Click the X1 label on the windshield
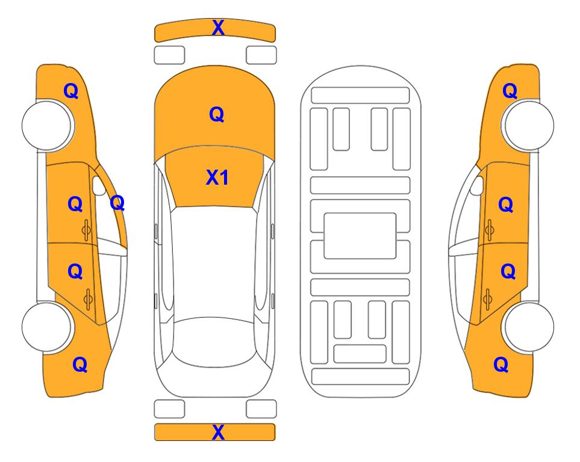217,177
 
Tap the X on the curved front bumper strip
218,27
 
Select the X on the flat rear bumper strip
218,432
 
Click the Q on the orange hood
217,114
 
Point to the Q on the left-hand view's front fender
71,91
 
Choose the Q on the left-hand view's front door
75,204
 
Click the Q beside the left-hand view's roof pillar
117,203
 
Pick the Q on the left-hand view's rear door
75,272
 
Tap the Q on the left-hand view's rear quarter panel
80,365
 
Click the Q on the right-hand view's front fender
510,91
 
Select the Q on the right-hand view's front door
506,205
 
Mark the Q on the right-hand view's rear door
508,272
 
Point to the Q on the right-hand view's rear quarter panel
501,365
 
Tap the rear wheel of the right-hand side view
529,327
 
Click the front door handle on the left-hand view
87,230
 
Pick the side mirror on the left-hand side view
98,186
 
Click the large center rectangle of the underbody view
360,236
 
